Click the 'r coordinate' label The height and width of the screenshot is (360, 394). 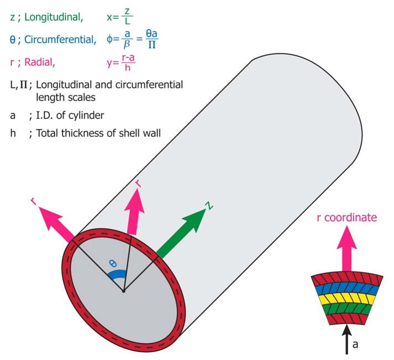(346, 217)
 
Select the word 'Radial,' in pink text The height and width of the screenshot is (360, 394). (39, 62)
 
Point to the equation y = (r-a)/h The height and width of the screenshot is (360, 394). (122, 62)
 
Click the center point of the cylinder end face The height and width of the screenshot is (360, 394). (123, 291)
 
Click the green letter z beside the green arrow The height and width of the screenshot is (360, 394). (208, 206)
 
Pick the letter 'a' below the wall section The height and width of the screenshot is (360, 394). (355, 345)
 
